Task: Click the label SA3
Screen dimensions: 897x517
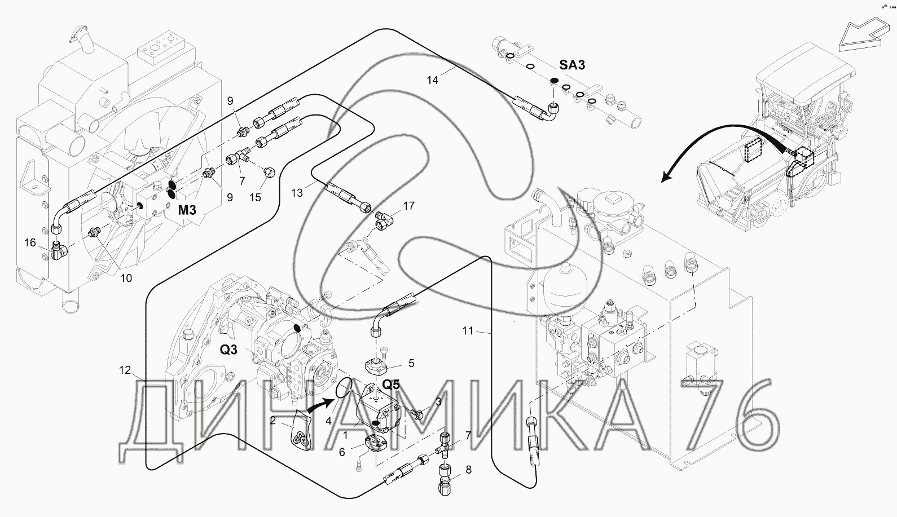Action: [572, 64]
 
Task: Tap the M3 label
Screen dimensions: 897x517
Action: [187, 209]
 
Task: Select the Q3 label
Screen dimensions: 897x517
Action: [228, 350]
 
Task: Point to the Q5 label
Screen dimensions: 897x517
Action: [391, 385]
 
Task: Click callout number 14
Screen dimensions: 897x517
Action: [433, 80]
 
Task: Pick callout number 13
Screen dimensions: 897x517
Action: [297, 193]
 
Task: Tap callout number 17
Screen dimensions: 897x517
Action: [409, 206]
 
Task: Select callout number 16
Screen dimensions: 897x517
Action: [30, 242]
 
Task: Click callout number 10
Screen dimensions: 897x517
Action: [126, 278]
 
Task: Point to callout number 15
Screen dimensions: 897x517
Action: [255, 197]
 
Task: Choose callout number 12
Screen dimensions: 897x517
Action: [125, 370]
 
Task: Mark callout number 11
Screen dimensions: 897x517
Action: [468, 330]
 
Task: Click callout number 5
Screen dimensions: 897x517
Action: [411, 363]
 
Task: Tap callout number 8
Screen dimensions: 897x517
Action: [468, 469]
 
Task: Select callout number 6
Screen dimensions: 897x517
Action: [342, 452]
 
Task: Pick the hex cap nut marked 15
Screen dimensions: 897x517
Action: [269, 173]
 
